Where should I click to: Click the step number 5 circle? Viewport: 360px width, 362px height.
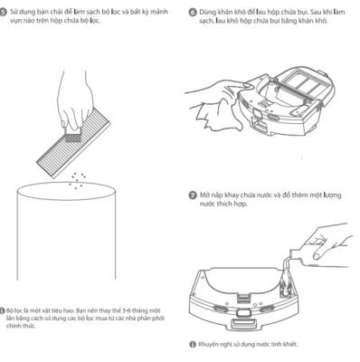pos(3,13)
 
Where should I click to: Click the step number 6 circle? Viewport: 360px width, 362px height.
pos(193,13)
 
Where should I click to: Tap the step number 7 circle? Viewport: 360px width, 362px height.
pos(193,195)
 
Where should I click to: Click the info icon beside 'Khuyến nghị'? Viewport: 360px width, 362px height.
pos(193,345)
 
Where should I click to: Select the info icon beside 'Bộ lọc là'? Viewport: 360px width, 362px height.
pos(2,310)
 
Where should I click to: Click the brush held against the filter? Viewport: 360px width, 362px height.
pos(72,134)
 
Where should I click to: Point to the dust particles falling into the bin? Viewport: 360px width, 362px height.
pos(78,181)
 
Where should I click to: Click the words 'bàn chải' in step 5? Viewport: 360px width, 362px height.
pos(52,13)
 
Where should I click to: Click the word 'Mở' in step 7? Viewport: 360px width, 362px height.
pos(205,195)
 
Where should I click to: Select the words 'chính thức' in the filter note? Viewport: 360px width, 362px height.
pos(21,326)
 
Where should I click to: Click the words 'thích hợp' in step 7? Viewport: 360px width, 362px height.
pos(232,205)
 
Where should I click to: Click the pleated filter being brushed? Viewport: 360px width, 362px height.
pos(73,142)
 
